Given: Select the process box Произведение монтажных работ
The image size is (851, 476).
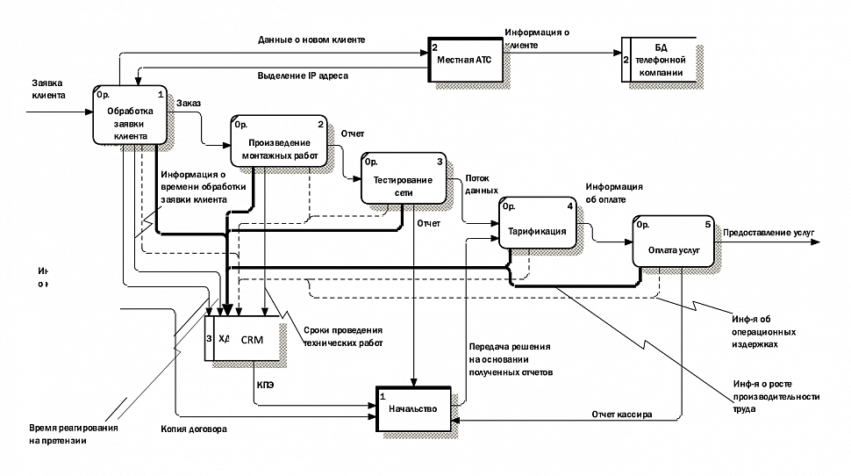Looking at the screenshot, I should click(x=279, y=142).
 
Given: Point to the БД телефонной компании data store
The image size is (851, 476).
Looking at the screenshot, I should click(x=660, y=60).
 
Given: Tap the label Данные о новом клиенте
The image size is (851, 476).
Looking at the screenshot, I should click(x=311, y=40).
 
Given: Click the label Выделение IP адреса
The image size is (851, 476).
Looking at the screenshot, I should click(x=303, y=76).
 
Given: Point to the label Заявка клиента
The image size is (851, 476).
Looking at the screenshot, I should click(x=47, y=89).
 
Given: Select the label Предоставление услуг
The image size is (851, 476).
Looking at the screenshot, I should click(x=769, y=233).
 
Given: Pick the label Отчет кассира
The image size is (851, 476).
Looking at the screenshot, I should click(x=621, y=414).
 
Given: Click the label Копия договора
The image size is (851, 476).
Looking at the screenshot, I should click(x=193, y=429).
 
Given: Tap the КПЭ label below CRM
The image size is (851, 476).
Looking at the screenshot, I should click(x=266, y=384).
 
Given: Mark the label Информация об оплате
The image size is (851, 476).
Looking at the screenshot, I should click(x=614, y=192).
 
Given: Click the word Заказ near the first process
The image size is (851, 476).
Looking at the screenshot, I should click(x=189, y=103).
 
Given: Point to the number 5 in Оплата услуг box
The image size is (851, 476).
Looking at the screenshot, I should click(x=707, y=223).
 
